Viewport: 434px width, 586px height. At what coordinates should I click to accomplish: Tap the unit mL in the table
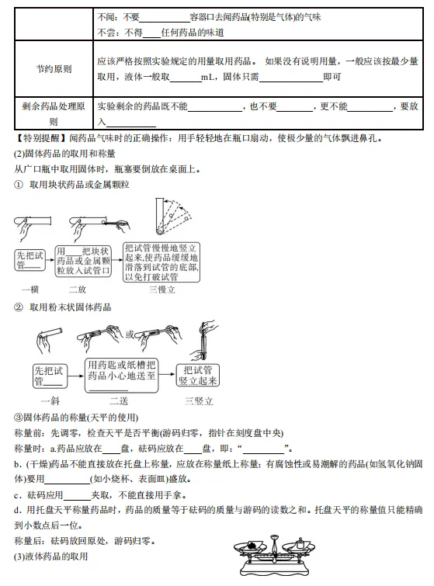[x=208, y=78]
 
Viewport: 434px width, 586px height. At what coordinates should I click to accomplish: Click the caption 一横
[x=31, y=290]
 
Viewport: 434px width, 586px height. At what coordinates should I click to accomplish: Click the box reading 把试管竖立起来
[x=199, y=375]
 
